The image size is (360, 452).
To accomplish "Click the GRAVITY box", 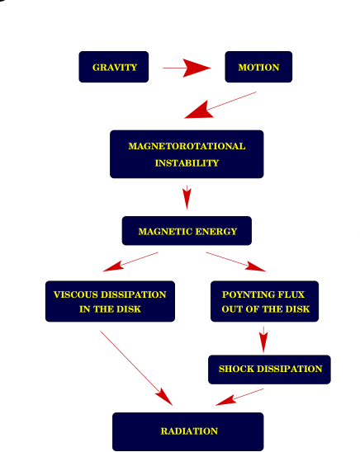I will click(114, 67).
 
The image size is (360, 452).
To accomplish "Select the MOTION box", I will click(258, 67).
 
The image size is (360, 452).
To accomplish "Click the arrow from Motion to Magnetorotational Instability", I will click(220, 106).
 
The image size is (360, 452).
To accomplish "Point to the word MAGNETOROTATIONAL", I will click(187, 146).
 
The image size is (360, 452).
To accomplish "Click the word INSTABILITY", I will click(187, 163).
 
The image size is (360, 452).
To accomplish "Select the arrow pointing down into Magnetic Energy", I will click(187, 196).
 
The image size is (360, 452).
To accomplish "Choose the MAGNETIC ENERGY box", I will click(187, 231).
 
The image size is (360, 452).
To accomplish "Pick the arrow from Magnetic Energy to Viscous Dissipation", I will click(130, 262).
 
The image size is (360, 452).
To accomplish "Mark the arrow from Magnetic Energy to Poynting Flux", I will click(236, 261).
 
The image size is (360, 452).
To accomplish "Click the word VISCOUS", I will click(74, 294).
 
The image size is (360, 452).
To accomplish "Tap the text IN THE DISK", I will click(110, 309).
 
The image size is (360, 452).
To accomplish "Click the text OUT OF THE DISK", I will click(265, 309).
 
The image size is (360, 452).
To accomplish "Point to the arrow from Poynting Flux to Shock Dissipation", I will click(263, 338).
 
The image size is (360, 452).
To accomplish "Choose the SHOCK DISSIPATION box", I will click(270, 369).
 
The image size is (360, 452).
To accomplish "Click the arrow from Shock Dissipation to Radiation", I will click(239, 397).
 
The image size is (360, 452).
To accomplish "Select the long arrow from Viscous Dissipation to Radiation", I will click(136, 368).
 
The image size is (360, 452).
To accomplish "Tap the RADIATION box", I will click(188, 431).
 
